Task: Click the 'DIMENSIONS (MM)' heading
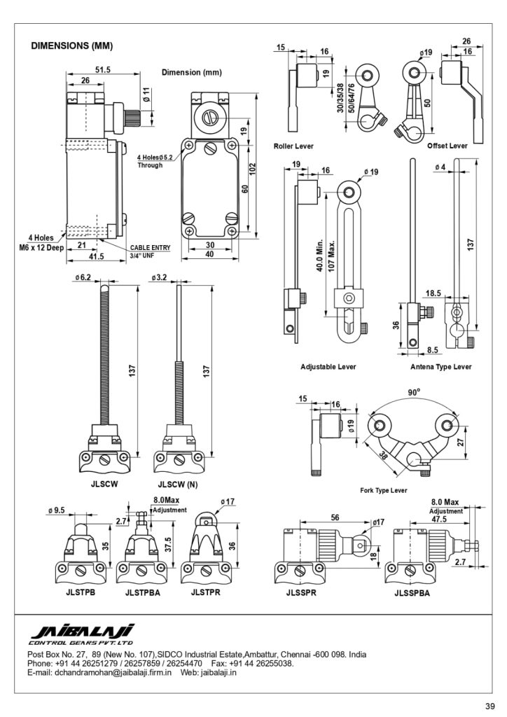pos(71,46)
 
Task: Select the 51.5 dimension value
pos(103,70)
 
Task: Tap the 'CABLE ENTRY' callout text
pos(151,248)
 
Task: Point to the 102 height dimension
pos(253,170)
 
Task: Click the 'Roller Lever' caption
pos(293,146)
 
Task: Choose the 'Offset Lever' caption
pos(447,146)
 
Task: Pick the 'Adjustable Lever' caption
pos(328,367)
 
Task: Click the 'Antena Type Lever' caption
pos(440,367)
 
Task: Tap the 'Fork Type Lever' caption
pos(383,490)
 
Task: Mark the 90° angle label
pos(414,392)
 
